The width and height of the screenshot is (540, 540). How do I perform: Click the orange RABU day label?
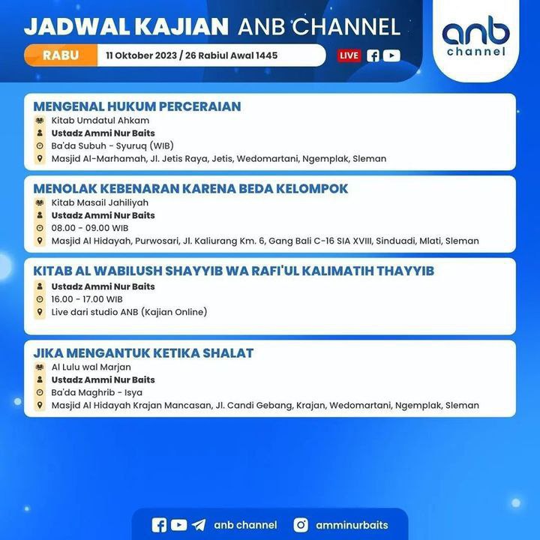(61, 55)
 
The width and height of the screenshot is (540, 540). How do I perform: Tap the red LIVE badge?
(349, 55)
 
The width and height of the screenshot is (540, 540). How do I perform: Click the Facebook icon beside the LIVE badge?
(373, 55)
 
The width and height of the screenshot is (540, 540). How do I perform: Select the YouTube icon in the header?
(391, 55)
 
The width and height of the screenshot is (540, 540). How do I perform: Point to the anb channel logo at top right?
(475, 36)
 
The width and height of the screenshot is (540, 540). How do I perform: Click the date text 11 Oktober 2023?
(141, 55)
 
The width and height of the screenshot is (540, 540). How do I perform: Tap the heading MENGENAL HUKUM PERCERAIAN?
(137, 106)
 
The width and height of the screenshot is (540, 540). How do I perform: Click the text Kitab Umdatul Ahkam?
(100, 121)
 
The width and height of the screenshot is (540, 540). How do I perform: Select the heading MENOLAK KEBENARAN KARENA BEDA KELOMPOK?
(190, 189)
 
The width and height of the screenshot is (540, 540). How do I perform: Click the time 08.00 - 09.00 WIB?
(90, 228)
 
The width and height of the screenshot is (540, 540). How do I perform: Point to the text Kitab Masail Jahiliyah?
(100, 202)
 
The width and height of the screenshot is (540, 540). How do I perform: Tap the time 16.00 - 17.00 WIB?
(87, 299)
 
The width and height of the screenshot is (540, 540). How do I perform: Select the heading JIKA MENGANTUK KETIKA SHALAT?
(143, 353)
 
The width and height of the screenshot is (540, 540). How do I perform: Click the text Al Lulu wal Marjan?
(91, 367)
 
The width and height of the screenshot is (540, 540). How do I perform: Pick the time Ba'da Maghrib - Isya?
(97, 392)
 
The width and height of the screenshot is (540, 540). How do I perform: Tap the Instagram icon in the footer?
(301, 525)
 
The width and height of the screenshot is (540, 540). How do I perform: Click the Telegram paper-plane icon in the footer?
(199, 525)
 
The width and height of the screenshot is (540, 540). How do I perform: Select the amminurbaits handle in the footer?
(352, 525)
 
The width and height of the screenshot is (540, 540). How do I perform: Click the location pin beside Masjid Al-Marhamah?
(40, 158)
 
